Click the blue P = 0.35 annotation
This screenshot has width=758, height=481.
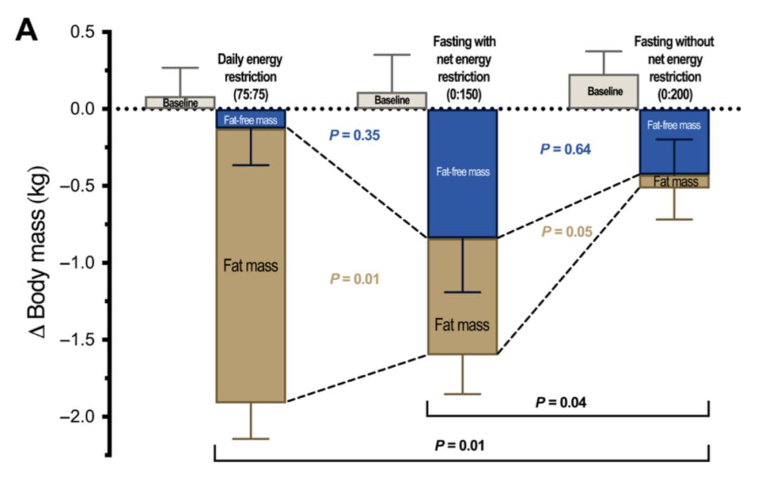pyautogui.click(x=354, y=135)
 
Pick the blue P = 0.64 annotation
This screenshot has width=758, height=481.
pyautogui.click(x=565, y=149)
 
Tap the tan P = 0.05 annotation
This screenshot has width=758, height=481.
pyautogui.click(x=566, y=232)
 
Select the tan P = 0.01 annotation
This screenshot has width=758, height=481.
pyautogui.click(x=354, y=279)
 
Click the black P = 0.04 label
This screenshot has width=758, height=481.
pyautogui.click(x=561, y=402)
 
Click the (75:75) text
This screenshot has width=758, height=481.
pyautogui.click(x=251, y=94)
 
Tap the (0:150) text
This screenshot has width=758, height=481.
pyautogui.click(x=463, y=94)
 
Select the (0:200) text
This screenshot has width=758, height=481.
pyautogui.click(x=674, y=94)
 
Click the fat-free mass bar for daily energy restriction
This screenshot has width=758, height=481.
pyautogui.click(x=251, y=119)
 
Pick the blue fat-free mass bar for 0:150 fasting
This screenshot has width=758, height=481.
pyautogui.click(x=463, y=173)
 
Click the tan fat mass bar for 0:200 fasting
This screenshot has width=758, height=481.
pyautogui.click(x=674, y=180)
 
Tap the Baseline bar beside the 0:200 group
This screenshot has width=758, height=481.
pyautogui.click(x=604, y=91)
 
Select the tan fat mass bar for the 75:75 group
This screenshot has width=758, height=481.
pyautogui.click(x=251, y=265)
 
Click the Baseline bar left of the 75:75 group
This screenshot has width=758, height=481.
pyautogui.click(x=180, y=103)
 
